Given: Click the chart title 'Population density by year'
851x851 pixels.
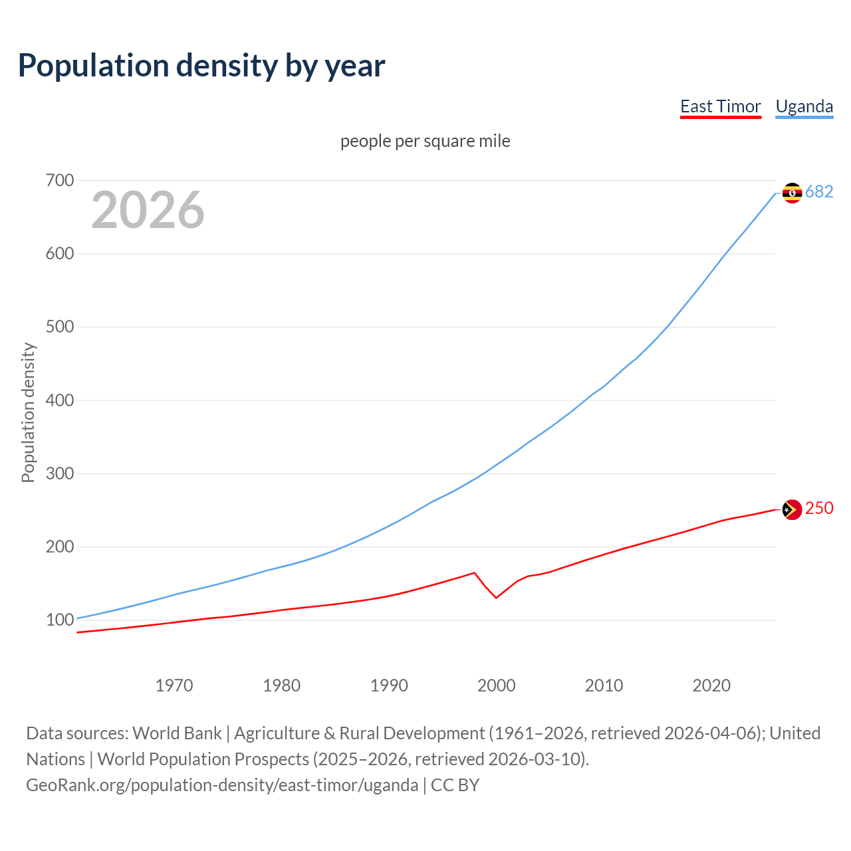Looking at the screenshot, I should (201, 65).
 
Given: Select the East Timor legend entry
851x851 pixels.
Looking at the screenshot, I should (720, 106).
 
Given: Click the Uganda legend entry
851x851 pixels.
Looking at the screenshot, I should (804, 106).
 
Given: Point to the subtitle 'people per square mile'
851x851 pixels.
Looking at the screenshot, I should (425, 141).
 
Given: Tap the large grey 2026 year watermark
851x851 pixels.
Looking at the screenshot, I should (148, 210).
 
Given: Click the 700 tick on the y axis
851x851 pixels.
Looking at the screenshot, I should (60, 180).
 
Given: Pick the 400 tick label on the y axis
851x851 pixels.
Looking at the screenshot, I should (60, 400).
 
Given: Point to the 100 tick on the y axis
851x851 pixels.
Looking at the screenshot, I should (60, 620).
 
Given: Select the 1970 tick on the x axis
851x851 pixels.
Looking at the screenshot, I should (174, 685).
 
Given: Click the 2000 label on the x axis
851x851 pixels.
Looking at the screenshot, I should (497, 685).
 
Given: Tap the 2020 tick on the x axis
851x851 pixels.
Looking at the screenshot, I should (711, 685).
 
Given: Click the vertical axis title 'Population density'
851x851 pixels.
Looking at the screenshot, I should (28, 412).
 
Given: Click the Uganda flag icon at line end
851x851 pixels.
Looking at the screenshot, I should (792, 193).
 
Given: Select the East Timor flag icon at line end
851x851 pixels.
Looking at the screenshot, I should (792, 510).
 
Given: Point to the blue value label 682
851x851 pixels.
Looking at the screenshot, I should (819, 191).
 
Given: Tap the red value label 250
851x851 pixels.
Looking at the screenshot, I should (819, 508).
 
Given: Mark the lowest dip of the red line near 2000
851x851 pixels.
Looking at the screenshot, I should (496, 598).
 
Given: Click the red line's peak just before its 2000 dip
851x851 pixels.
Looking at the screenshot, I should (474, 572).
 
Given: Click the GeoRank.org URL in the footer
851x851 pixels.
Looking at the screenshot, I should (222, 785).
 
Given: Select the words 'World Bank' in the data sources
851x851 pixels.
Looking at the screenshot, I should (177, 733).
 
